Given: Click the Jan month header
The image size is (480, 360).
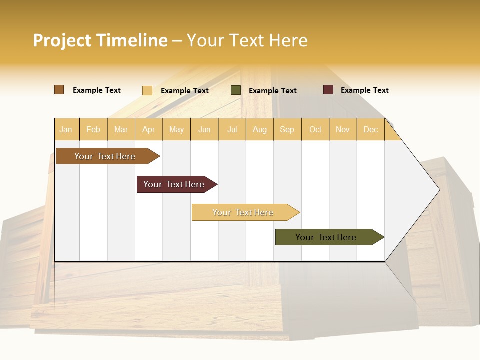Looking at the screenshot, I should point(66,129).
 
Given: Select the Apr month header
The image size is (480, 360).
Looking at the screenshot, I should point(148,129).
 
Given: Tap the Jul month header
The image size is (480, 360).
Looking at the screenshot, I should point(232,129).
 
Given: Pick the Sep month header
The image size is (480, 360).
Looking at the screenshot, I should point(287,129).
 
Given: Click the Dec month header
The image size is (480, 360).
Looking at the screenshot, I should point(370,129).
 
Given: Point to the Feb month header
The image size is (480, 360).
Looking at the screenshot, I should point(93,129).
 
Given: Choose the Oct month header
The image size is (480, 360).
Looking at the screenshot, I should point(315,129).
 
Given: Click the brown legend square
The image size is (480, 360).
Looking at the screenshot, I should point(59,90).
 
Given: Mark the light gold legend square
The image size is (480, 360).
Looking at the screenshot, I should point(147,90).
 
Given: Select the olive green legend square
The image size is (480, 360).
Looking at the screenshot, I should point(235,90).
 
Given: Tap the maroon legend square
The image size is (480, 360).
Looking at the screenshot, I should point(328,90).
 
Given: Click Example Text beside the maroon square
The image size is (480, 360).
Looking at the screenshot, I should point(364,90).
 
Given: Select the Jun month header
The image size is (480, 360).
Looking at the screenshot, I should point(204,129).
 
